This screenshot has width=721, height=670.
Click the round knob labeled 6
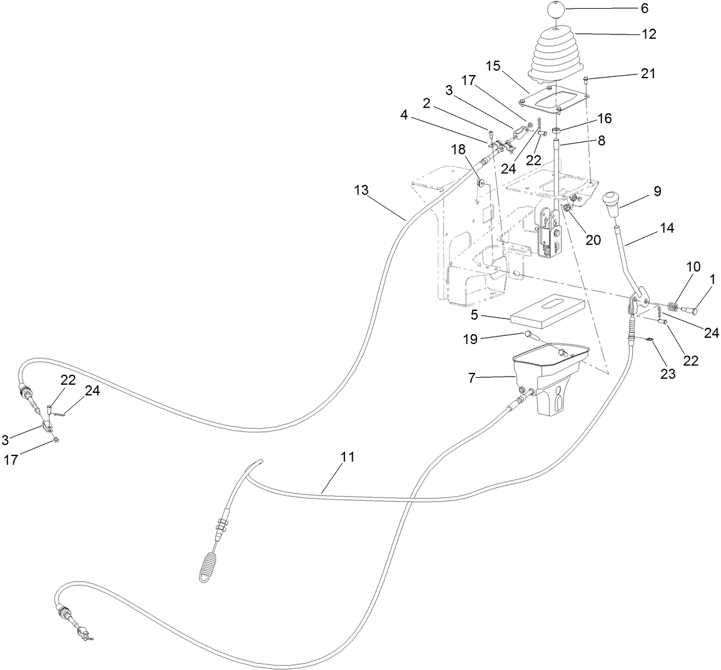click(557, 10)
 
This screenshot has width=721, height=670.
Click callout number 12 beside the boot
click(649, 34)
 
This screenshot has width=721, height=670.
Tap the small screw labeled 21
click(587, 79)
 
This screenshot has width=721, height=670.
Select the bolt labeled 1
click(691, 309)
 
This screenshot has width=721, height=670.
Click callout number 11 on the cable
click(348, 457)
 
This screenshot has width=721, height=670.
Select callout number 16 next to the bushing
click(604, 118)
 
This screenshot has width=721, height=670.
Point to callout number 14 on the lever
click(667, 229)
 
